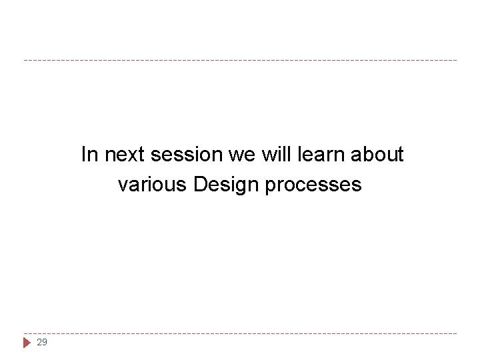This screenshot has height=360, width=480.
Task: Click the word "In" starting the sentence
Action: click(x=89, y=155)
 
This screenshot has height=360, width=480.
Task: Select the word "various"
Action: click(x=153, y=184)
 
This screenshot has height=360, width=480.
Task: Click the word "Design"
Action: click(x=226, y=184)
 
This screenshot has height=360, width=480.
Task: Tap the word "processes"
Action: click(x=313, y=185)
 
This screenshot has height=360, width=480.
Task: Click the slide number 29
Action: click(x=42, y=342)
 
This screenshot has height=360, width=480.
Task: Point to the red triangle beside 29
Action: click(x=27, y=342)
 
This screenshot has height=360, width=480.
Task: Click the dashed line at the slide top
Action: click(x=240, y=61)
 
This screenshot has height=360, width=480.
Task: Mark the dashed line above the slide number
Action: click(x=240, y=333)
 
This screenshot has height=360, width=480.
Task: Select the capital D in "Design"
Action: click(x=200, y=184)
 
